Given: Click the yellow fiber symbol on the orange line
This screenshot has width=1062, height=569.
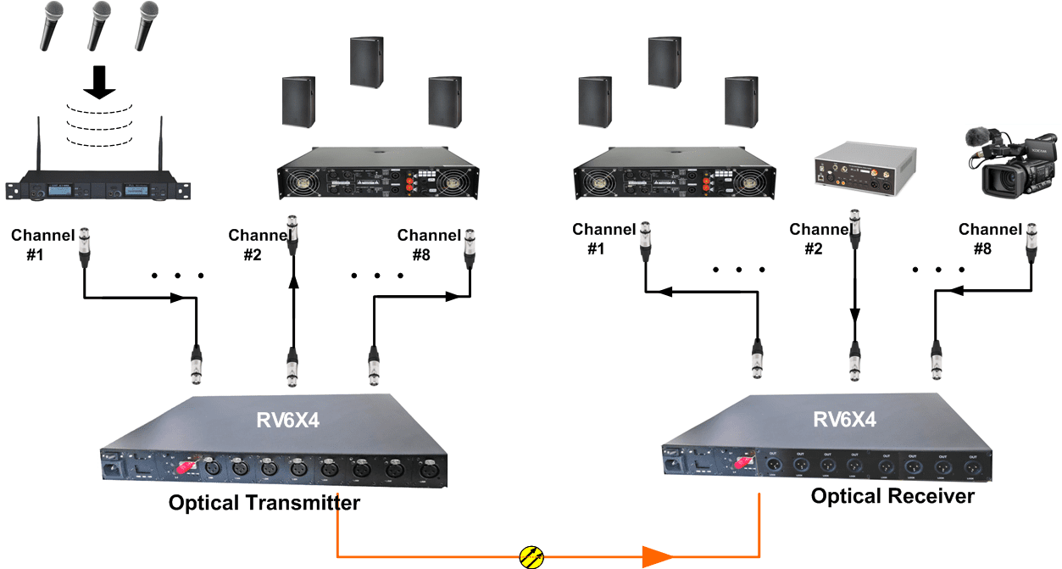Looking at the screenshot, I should (531, 556).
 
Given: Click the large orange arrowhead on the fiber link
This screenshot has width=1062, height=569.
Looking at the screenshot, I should (657, 556).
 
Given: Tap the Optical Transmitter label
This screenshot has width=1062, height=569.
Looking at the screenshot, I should (264, 503).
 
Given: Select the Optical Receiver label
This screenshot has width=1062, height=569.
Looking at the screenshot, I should (892, 495).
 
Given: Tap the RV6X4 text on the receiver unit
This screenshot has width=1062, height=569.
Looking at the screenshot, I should (845, 419).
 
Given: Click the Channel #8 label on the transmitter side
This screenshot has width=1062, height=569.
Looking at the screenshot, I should (429, 243).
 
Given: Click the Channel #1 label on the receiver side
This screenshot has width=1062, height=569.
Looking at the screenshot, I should (603, 237).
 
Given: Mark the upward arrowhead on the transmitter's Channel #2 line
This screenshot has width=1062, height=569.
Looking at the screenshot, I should (293, 284).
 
